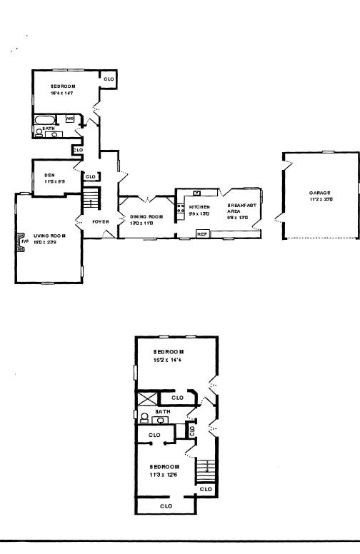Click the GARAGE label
(x=320, y=193)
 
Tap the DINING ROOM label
(x=147, y=216)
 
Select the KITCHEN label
(x=199, y=207)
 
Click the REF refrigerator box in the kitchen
(x=202, y=234)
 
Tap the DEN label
(x=49, y=175)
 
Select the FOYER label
(x=101, y=222)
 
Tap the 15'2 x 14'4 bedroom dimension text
(x=169, y=361)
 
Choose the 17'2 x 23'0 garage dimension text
(x=320, y=199)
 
